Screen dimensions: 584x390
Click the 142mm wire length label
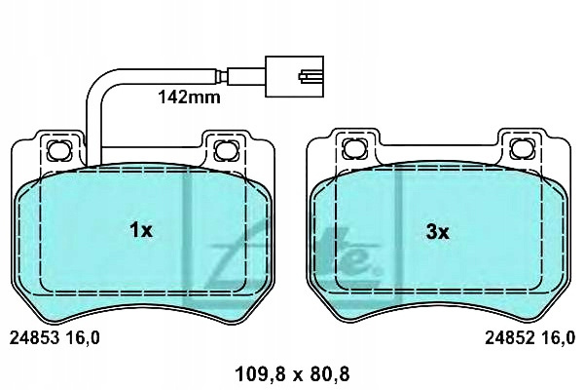pos(189,97)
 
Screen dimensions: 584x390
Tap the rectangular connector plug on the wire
pos(294,76)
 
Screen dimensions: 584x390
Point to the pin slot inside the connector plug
pos(308,76)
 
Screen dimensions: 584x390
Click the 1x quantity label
pos(141,230)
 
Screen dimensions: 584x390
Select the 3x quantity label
pos(438,232)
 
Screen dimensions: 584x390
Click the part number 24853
pos(34,338)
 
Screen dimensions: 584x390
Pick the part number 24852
pos(510,338)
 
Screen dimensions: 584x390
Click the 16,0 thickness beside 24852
pos(559,338)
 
